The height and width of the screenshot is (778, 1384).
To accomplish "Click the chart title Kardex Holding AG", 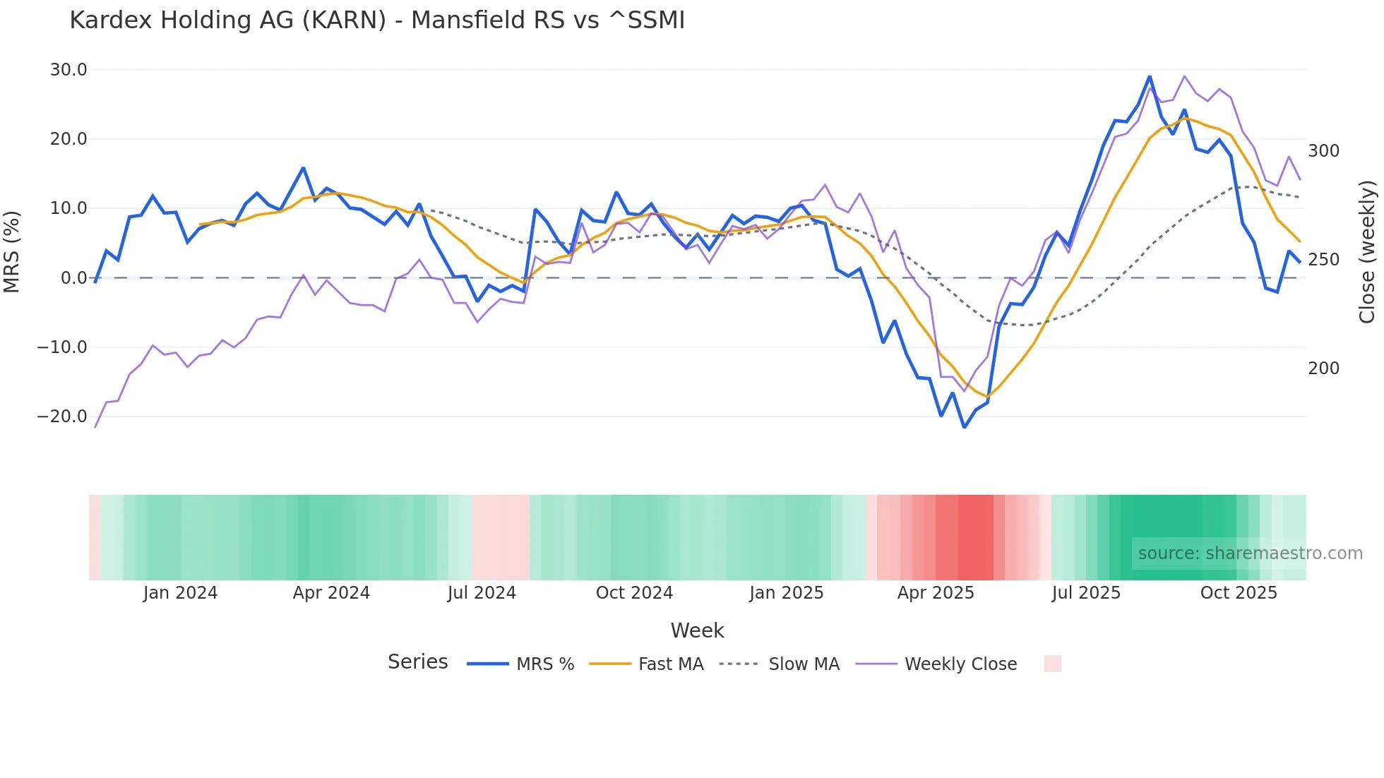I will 377,20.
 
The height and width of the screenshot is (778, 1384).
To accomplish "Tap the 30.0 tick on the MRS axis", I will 68,70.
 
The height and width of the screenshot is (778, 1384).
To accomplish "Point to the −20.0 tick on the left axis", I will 62,417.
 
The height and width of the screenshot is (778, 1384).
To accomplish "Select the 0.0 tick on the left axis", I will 73,278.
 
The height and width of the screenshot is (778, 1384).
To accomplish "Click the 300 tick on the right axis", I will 1323,151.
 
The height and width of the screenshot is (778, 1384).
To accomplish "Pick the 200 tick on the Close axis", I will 1323,369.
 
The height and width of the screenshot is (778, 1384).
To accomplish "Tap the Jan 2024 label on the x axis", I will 180,593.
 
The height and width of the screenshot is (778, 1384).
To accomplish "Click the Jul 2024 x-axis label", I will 482,593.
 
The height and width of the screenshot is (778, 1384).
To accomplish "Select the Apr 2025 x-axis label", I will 936,593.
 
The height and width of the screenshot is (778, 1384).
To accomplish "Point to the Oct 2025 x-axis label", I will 1239,593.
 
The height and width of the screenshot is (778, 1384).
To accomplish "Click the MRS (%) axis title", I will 12,251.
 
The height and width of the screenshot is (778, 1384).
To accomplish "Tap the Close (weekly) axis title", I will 1367,252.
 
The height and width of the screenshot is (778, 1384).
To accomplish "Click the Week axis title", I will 697,630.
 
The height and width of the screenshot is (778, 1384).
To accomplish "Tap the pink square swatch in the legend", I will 1052,664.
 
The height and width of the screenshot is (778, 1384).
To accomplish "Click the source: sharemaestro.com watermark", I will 1250,553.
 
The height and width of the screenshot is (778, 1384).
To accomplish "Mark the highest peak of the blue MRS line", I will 1150,76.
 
